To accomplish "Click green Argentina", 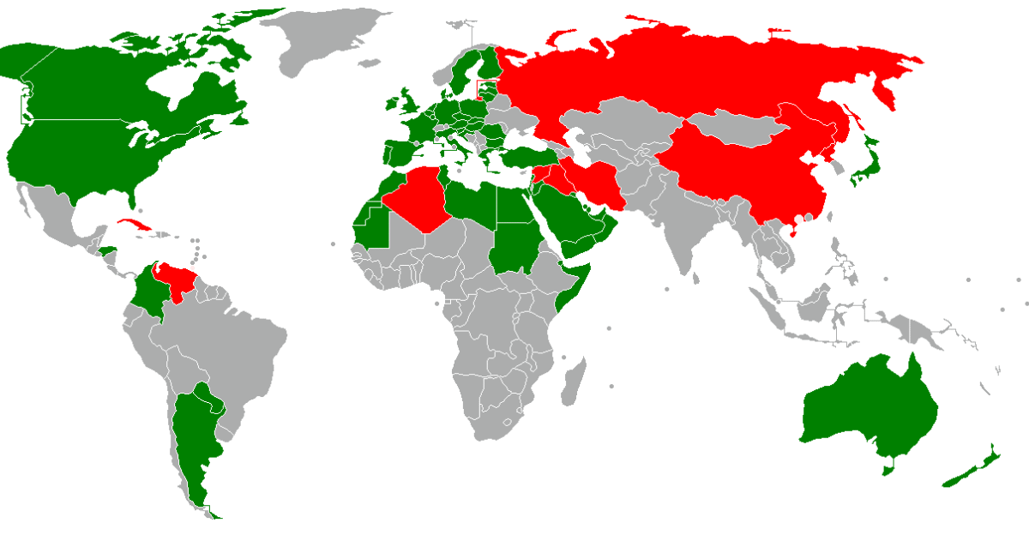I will point(193,437).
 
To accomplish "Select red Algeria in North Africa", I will point(420,197).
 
